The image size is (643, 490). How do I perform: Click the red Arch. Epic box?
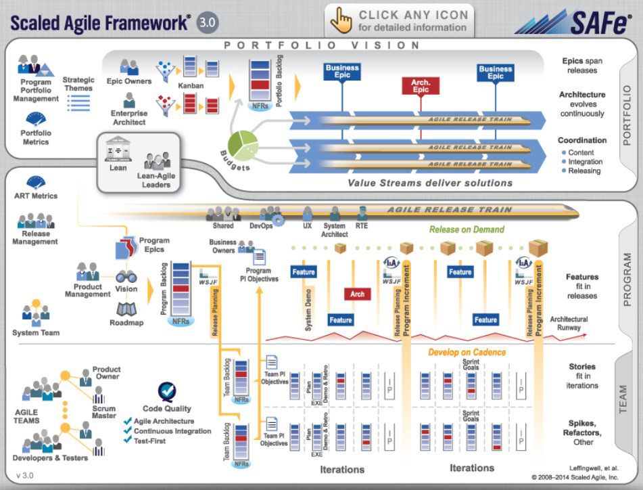(x=421, y=86)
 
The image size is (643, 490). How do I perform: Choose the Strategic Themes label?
(x=78, y=84)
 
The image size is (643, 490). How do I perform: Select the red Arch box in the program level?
(x=358, y=294)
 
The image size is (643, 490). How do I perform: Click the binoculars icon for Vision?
(x=126, y=276)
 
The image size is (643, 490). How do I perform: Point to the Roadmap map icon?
(x=126, y=309)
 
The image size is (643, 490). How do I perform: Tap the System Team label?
(x=36, y=332)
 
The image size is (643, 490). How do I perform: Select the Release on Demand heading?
(x=467, y=229)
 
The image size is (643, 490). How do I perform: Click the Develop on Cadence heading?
(x=467, y=352)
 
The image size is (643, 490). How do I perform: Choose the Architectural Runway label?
(x=569, y=323)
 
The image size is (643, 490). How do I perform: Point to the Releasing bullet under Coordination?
(x=584, y=171)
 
